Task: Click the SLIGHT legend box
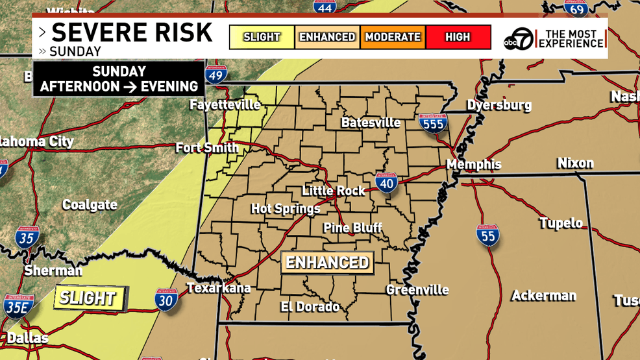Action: pos(262,37)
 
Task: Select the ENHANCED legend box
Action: pos(327,37)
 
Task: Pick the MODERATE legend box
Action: pos(393,37)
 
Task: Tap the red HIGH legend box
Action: pos(458,37)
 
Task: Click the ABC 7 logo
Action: pos(519,39)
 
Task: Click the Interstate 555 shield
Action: pos(433,123)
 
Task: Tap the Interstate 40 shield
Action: pos(386,183)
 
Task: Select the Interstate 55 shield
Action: pos(487,235)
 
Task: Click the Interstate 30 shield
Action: pos(166,300)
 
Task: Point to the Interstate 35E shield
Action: pos(18,306)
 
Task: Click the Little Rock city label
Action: pos(334,191)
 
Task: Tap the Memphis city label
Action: pos(474,165)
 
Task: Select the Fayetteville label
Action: pos(225,105)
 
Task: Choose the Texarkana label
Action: pos(218,288)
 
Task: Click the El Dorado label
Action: pos(310,307)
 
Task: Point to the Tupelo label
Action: pos(561,223)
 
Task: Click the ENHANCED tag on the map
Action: pos(327,263)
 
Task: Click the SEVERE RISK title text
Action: pos(132,32)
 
